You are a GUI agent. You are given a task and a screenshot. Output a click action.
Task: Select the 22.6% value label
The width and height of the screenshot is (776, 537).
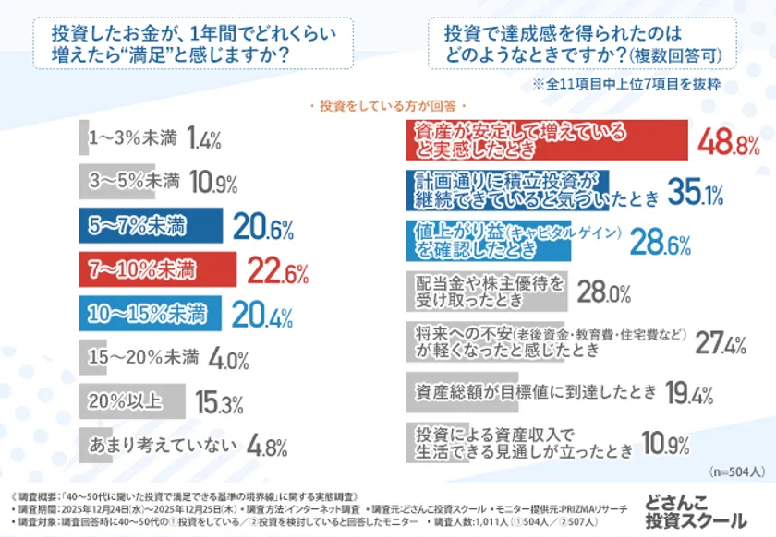pos(278,272)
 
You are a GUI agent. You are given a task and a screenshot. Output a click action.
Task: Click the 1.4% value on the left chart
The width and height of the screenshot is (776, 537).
pos(203,138)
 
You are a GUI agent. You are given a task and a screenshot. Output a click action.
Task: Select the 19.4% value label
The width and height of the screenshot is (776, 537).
pos(689,394)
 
